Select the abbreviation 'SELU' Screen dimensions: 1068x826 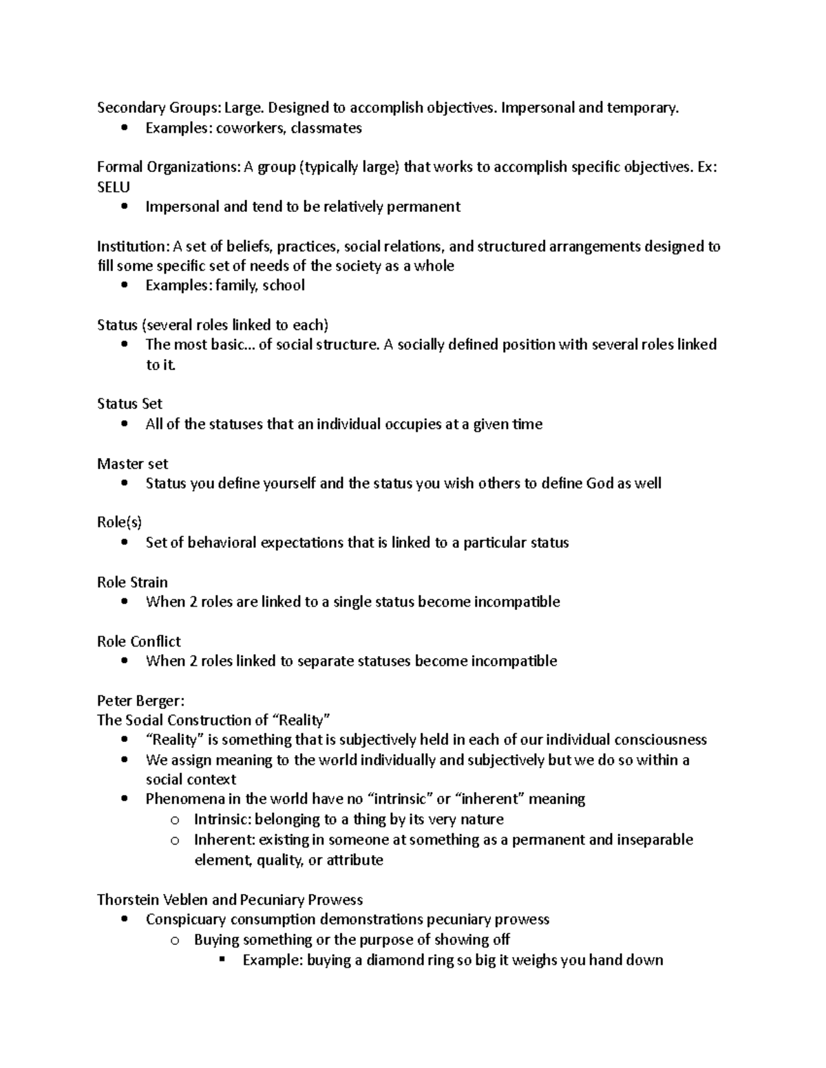114,187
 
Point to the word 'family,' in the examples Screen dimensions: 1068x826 237,285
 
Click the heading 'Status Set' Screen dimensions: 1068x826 129,404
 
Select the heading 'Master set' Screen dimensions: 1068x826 132,464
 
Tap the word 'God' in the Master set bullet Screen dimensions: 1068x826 599,483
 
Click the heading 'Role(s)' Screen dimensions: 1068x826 119,523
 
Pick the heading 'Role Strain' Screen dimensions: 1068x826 132,582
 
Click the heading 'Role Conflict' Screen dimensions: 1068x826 138,641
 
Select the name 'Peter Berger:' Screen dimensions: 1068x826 140,701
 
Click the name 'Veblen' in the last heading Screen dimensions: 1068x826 185,900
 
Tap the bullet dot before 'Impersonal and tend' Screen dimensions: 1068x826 124,207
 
